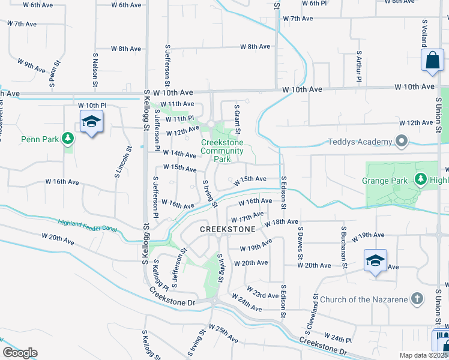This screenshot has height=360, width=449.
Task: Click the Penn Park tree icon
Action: pyautogui.click(x=69, y=139)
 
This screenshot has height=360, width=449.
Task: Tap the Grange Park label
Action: pyautogui.click(x=385, y=180)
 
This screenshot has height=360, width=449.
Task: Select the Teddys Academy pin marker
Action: pyautogui.click(x=402, y=142)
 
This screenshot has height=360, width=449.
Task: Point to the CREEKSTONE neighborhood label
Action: pyautogui.click(x=227, y=229)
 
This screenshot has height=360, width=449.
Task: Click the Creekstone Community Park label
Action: pyautogui.click(x=222, y=151)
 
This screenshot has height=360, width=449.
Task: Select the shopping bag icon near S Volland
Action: pyautogui.click(x=432, y=61)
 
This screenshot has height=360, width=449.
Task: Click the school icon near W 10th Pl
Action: pyautogui.click(x=91, y=122)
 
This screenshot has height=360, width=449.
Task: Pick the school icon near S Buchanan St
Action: pyautogui.click(x=376, y=260)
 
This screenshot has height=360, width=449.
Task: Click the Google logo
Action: pyautogui.click(x=20, y=353)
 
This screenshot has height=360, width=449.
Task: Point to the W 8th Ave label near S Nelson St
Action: pyautogui.click(x=126, y=49)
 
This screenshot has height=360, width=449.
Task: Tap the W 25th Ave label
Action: pyautogui.click(x=223, y=334)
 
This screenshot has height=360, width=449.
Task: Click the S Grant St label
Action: pyautogui.click(x=237, y=118)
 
